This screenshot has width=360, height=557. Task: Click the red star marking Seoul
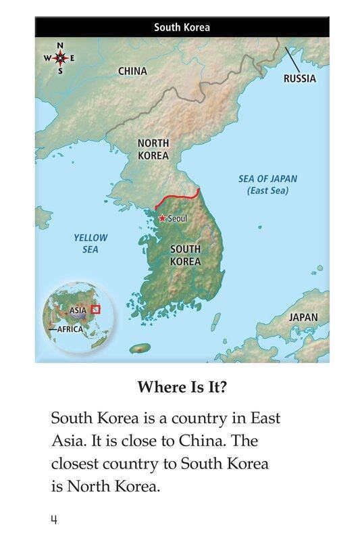pyautogui.click(x=162, y=218)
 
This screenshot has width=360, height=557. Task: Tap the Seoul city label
pyautogui.click(x=177, y=219)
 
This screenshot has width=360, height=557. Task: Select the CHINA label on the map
pyautogui.click(x=132, y=71)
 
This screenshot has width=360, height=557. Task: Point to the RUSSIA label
pyautogui.click(x=299, y=78)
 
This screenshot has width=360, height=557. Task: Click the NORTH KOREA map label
pyautogui.click(x=153, y=149)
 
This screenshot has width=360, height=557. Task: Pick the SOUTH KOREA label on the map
pyautogui.click(x=185, y=255)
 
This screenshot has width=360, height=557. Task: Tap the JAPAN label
pyautogui.click(x=303, y=317)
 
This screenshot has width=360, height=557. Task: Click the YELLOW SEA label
pyautogui.click(x=91, y=243)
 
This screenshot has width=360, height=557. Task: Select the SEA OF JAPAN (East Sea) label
pyautogui.click(x=267, y=185)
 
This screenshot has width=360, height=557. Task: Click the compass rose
pyautogui.click(x=60, y=57)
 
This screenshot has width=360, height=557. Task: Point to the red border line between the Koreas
pyautogui.click(x=177, y=196)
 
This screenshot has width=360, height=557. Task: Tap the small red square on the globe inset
pyautogui.click(x=95, y=309)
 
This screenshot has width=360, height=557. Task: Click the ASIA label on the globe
pyautogui.click(x=78, y=311)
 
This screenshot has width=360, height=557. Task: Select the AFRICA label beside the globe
pyautogui.click(x=69, y=329)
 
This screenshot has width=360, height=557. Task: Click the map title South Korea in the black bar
pyautogui.click(x=182, y=28)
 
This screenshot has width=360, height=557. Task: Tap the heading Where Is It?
pyautogui.click(x=182, y=387)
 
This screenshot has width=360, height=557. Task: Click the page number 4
pyautogui.click(x=53, y=519)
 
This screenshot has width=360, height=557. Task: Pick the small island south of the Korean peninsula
pyautogui.click(x=140, y=348)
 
